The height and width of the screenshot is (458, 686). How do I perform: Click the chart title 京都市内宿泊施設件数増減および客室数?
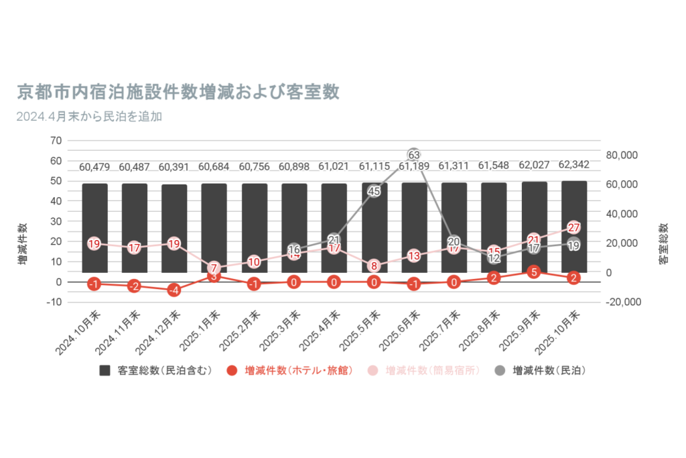pos(179,92)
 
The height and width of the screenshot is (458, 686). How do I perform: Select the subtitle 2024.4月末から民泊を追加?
pos(89,116)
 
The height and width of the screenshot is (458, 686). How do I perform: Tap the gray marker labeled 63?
pos(413,155)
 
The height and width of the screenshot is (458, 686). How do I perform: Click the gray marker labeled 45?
pos(374,191)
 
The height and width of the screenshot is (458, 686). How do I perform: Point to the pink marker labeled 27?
pos(573,227)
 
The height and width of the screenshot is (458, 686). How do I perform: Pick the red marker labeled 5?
pos(533,272)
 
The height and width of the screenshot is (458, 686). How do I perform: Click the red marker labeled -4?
pos(174,290)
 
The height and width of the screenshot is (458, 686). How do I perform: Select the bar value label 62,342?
pos(573,164)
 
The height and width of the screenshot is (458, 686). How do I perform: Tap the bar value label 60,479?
pos(95,167)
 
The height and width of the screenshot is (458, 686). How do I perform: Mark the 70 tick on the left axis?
pos(56,141)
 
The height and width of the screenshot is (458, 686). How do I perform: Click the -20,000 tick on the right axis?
pos(622,302)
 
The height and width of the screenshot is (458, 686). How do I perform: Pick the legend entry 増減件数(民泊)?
pos(542,370)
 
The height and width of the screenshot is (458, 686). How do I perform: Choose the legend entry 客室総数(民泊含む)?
pos(157,370)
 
